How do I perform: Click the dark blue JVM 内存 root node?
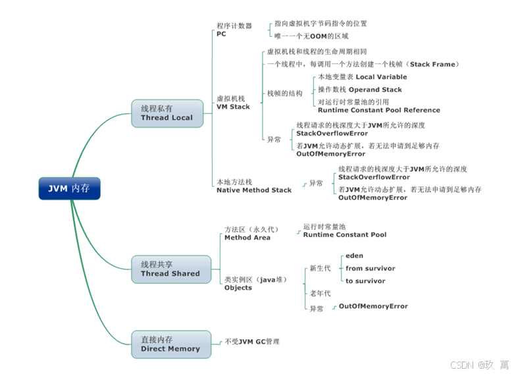click(69, 188)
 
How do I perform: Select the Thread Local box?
click(167, 113)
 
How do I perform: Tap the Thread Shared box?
click(170, 269)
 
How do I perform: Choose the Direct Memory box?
click(170, 344)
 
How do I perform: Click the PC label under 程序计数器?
click(221, 34)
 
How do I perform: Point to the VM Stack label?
click(233, 107)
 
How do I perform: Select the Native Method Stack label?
click(254, 190)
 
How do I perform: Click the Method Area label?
click(247, 238)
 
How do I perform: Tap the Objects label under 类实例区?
click(238, 288)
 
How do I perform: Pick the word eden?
click(354, 255)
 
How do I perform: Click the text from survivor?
click(371, 268)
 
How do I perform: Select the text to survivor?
click(365, 281)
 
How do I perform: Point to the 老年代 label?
click(320, 294)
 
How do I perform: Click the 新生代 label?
click(320, 269)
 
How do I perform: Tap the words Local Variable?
click(382, 77)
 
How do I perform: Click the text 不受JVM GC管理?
click(252, 342)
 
